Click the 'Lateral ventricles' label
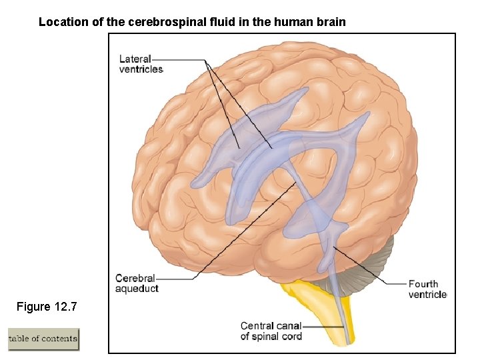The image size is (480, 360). point(141,64)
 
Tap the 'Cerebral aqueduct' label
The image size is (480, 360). point(137,283)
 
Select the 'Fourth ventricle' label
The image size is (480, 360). point(427,289)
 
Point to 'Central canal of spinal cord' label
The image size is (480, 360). point(271,331)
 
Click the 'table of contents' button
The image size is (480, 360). point(43,339)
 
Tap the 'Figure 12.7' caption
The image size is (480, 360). point(47,307)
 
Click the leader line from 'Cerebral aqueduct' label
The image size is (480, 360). point(240,233)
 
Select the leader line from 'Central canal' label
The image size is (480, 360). point(323,327)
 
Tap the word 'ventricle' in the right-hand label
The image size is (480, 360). point(427,295)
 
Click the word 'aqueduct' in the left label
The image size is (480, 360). point(137,289)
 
